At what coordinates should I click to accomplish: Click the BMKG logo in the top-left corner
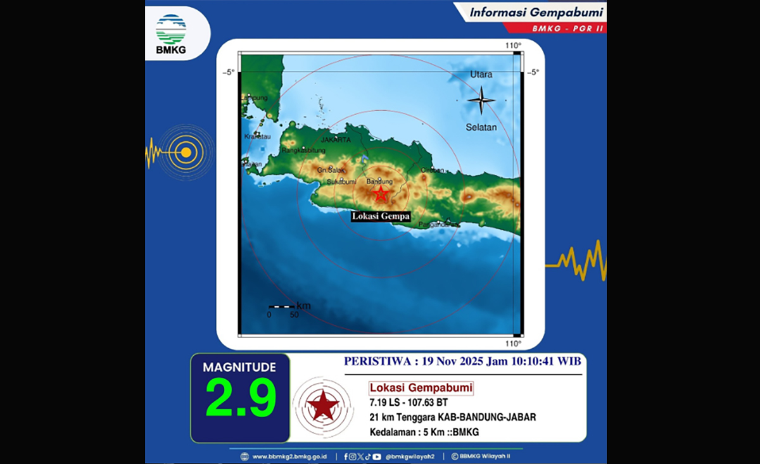coord(171,33)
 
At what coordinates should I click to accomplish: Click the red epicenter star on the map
coord(380,194)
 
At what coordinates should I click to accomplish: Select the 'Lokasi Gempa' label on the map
coord(381,216)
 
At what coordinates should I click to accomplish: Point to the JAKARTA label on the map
coord(336,139)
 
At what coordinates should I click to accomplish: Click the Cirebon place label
coord(433,170)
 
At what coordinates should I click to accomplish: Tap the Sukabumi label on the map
coord(342,182)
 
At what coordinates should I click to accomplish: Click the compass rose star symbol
coord(481,100)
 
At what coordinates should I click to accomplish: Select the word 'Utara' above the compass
coord(481,75)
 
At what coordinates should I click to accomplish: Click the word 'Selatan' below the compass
coord(481,127)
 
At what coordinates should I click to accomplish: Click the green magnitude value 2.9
coord(241,398)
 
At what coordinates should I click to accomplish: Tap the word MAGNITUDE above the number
coord(239,367)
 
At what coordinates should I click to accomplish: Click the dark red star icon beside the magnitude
coord(324,405)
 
